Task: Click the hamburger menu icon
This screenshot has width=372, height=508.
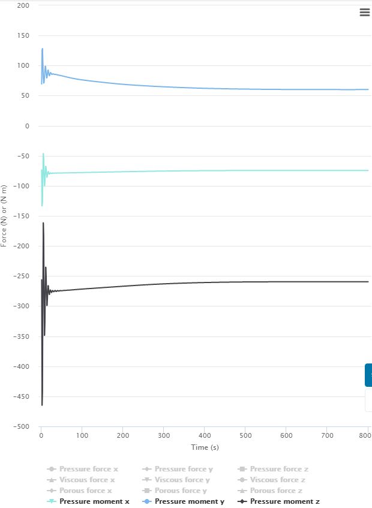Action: pyautogui.click(x=364, y=13)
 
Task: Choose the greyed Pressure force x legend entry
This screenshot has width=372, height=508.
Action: pyautogui.click(x=88, y=469)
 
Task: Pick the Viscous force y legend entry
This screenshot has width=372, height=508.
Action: pyautogui.click(x=182, y=480)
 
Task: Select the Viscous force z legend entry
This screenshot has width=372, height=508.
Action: pyautogui.click(x=277, y=480)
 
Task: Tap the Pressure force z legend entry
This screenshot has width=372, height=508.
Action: pyautogui.click(x=279, y=469)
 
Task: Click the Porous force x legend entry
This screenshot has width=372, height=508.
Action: pyautogui.click(x=85, y=491)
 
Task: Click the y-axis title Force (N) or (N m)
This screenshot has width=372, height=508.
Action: pyautogui.click(x=4, y=216)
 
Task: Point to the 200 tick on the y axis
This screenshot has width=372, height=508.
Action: pyautogui.click(x=24, y=5)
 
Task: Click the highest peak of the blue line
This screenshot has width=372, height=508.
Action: pyautogui.click(x=42, y=49)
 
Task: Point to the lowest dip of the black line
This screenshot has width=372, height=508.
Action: pyautogui.click(x=42, y=405)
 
